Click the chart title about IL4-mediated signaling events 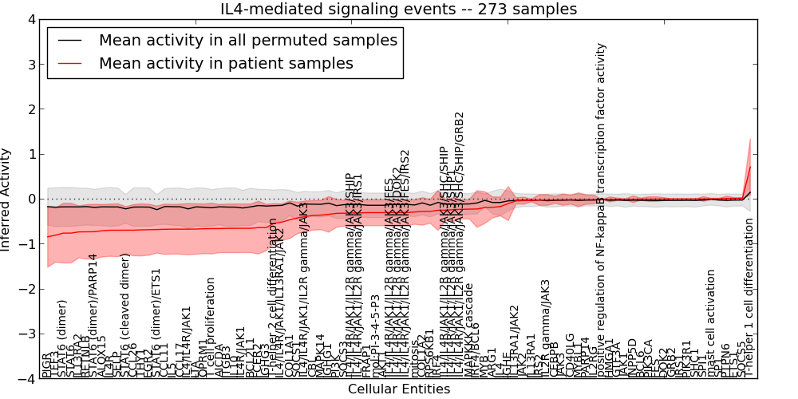click(398, 10)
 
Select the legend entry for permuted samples click(247, 40)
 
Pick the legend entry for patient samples click(226, 63)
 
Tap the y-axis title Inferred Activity click(7, 199)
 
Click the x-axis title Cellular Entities click(399, 389)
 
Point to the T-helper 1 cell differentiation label click(749, 295)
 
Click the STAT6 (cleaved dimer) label click(125, 315)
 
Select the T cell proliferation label click(211, 327)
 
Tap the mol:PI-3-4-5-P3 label click(376, 335)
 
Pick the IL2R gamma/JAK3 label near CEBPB click(546, 327)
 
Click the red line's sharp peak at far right click(750, 166)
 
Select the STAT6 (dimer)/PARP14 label click(93, 315)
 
